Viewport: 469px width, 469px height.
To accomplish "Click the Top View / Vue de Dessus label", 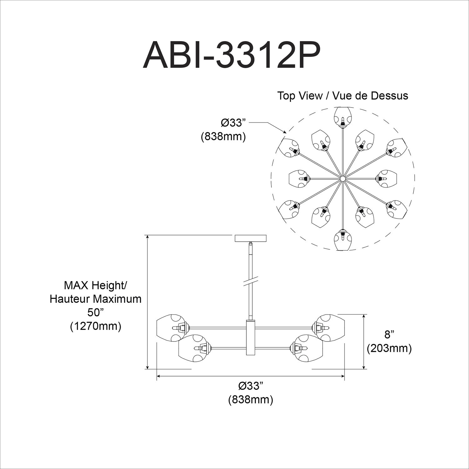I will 343,96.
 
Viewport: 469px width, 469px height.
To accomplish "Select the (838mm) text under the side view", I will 250,400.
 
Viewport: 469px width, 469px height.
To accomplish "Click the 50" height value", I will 95,312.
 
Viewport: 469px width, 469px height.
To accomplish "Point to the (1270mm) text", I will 95,326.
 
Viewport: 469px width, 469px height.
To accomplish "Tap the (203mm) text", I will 389,348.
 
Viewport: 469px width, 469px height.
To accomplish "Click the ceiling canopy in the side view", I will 250,238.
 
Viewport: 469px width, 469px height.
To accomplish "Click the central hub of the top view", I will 343,179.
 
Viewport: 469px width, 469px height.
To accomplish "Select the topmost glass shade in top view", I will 343,116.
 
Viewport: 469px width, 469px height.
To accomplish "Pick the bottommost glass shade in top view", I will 343,240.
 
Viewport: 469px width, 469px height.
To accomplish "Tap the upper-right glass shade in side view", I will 331,327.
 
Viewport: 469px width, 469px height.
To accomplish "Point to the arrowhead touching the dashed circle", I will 285,133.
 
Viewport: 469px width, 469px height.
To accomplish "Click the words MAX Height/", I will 95,285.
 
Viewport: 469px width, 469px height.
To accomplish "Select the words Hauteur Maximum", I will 95,299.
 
